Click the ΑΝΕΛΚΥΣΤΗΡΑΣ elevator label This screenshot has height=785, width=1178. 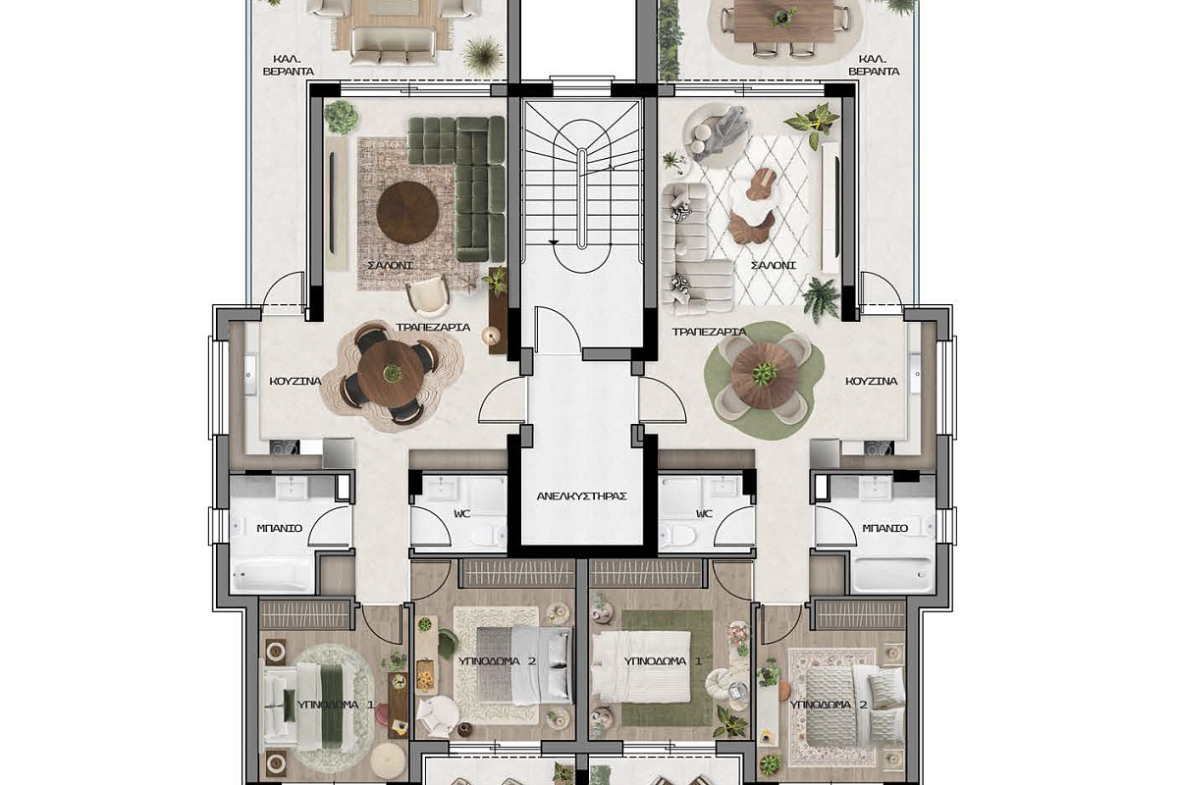581,497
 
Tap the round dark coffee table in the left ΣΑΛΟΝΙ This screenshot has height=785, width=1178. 407,212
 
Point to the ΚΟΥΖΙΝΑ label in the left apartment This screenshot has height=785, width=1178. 295,381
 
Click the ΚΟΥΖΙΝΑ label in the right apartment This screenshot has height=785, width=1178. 872,381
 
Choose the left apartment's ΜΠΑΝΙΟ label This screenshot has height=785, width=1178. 279,528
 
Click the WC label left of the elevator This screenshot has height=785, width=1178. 461,514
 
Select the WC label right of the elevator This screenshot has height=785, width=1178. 704,514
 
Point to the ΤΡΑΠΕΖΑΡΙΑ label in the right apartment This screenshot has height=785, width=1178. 709,332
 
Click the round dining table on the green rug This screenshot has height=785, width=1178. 764,375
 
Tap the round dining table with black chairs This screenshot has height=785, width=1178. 392,374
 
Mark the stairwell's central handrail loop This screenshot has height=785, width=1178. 581,199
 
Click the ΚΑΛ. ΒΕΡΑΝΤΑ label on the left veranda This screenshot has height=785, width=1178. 289,65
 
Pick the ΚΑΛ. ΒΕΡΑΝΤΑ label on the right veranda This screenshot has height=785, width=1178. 874,65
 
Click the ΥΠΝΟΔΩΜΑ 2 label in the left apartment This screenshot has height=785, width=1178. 497,661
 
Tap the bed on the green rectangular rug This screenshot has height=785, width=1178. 640,666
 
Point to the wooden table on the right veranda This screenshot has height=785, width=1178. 783,20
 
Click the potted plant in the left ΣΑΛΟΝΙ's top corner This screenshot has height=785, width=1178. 341,117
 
